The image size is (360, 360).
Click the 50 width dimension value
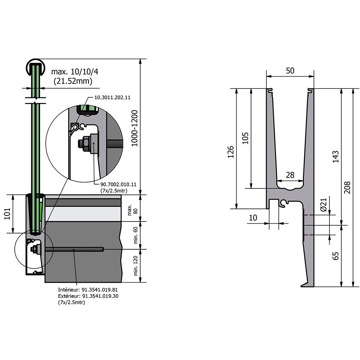point(290,71)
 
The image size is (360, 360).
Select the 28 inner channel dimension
point(290,175)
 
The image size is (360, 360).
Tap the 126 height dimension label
point(231,152)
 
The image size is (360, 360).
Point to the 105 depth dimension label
point(245,138)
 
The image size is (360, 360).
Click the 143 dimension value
point(335,156)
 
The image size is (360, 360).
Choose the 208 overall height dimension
point(347,187)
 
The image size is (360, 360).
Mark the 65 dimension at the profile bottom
point(335,256)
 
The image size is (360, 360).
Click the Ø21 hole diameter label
point(323,205)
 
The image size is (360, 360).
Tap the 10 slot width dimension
point(253,218)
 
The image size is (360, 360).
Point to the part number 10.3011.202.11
point(112,97)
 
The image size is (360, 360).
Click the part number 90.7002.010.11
point(118,184)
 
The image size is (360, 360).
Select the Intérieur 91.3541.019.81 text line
point(88,290)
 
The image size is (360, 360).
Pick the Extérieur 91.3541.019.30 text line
point(88,296)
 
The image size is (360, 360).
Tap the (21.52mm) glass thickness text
point(73,81)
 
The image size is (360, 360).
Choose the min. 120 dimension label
point(135,266)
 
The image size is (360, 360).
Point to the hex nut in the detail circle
point(86,144)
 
